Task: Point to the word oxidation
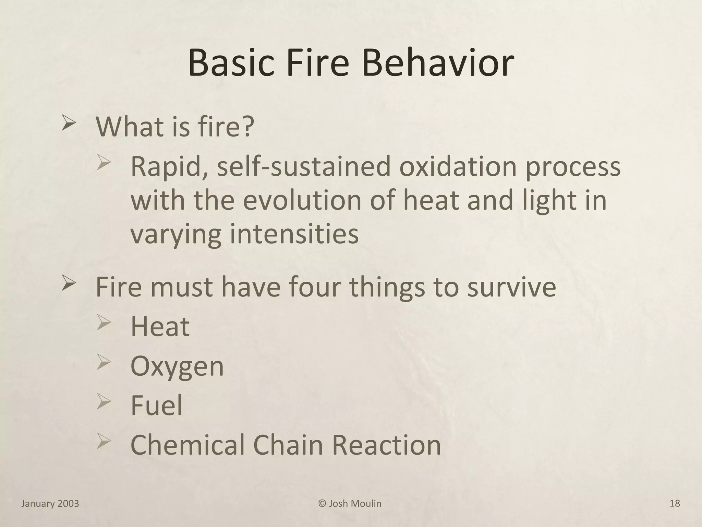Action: (458, 167)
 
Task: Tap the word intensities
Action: (294, 234)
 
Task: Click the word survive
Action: (512, 288)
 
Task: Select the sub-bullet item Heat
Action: (160, 326)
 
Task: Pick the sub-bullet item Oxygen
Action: (177, 367)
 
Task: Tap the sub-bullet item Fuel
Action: (156, 405)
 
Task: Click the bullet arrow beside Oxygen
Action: (104, 363)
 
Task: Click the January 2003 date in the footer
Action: (50, 504)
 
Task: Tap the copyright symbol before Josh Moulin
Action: (322, 504)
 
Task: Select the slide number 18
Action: (675, 504)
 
